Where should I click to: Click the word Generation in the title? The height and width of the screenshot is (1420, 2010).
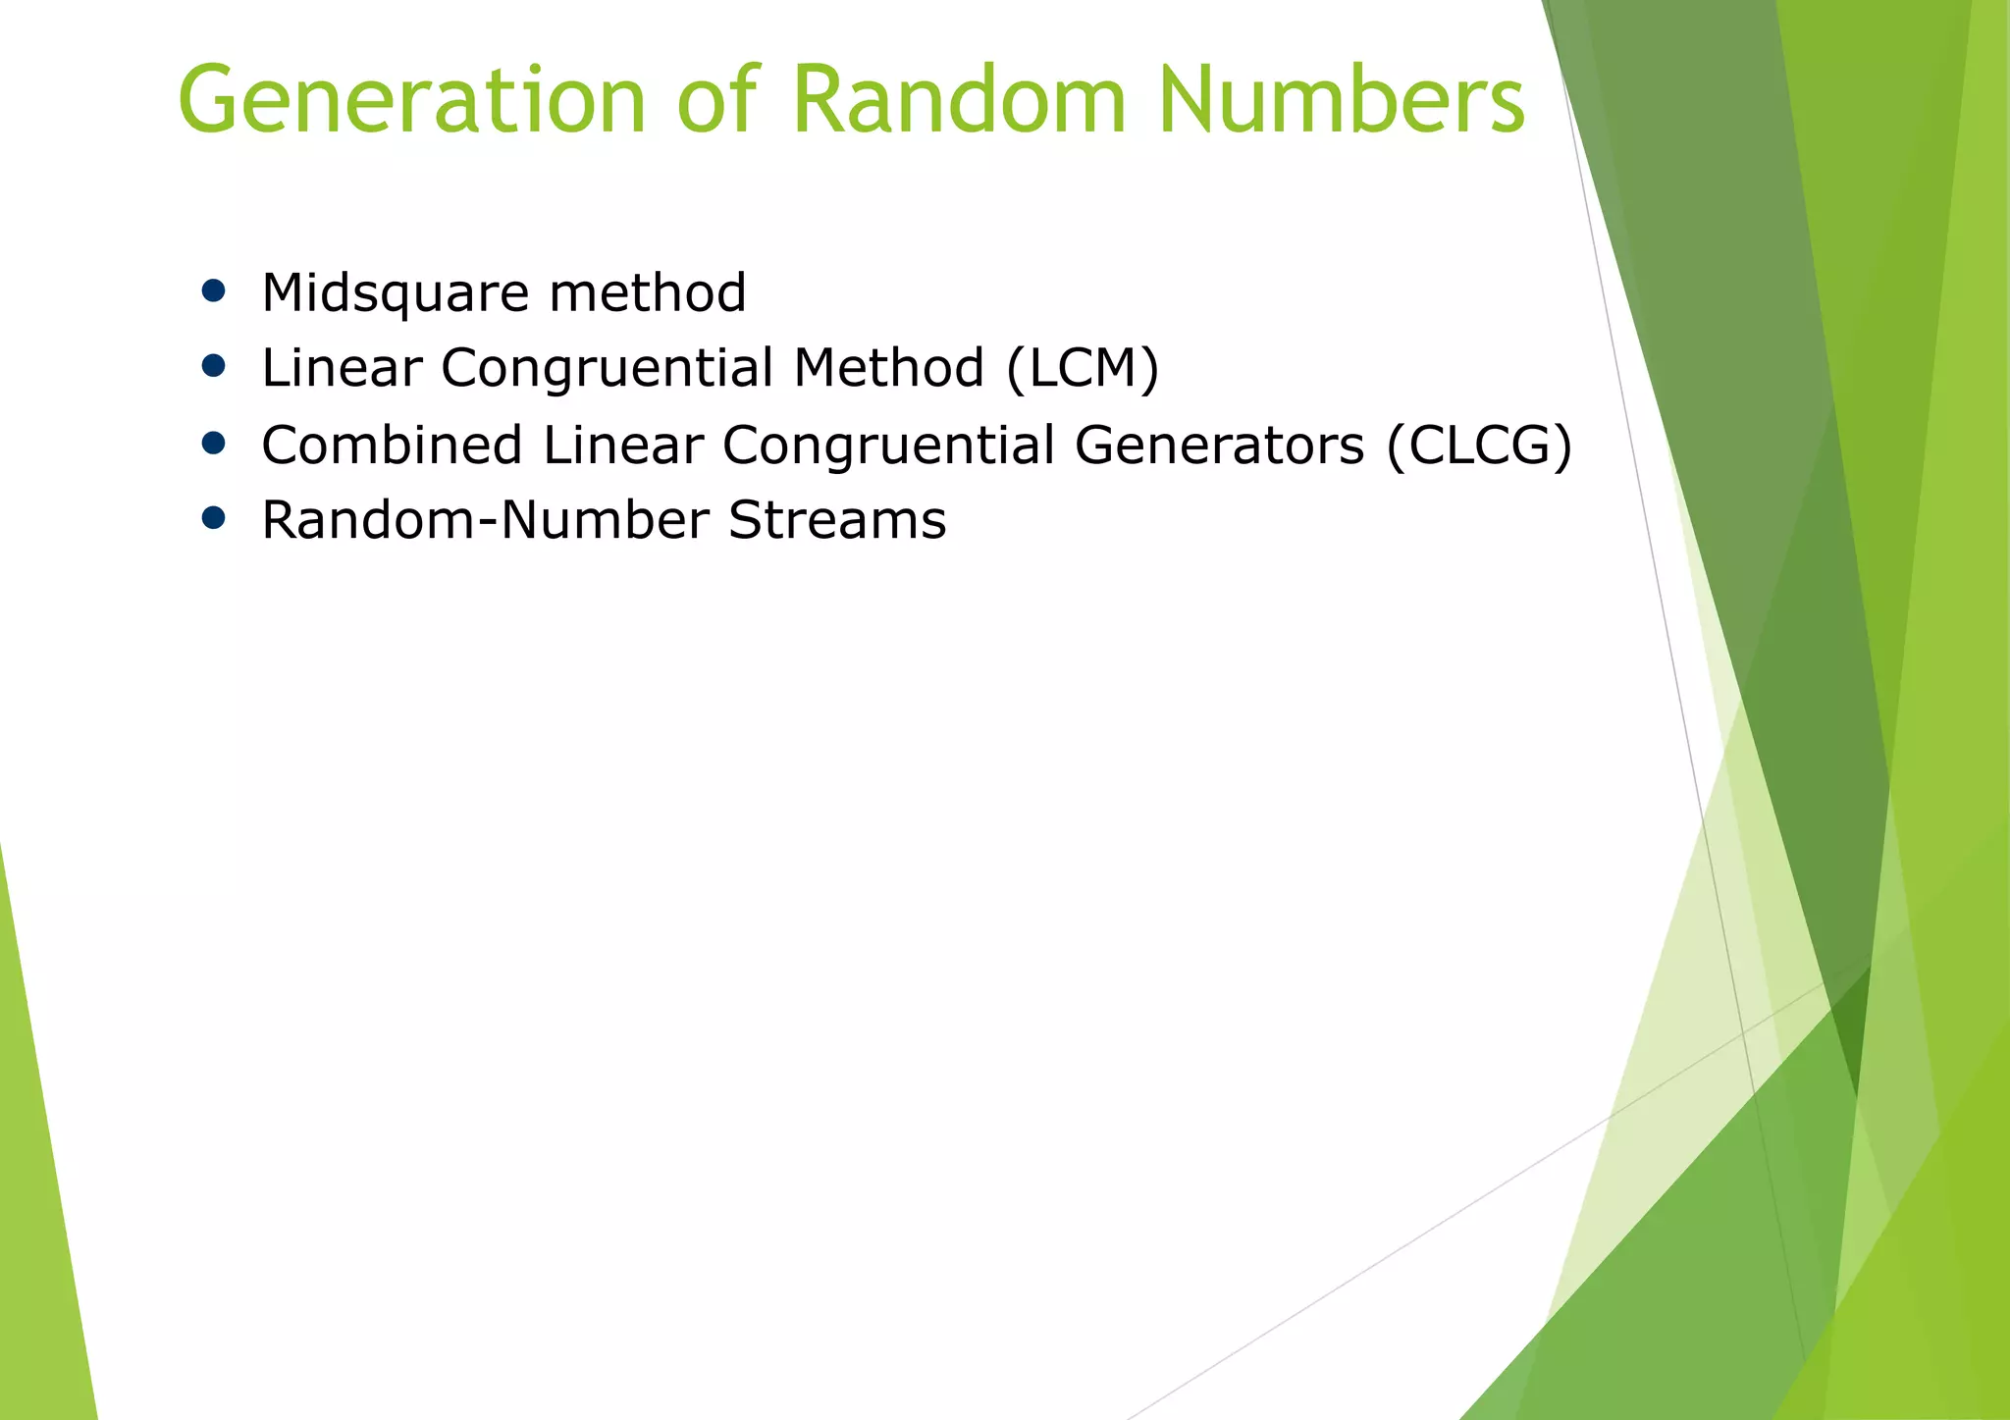coord(411,100)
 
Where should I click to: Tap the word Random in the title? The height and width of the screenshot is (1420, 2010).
coord(959,100)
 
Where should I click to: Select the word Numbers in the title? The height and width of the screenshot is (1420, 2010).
coord(1341,100)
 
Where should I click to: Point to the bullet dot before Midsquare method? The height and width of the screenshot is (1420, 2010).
coord(213,290)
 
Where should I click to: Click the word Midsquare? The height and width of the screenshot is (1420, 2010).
coord(395,292)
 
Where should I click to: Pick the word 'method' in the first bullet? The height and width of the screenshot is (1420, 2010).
coord(648,292)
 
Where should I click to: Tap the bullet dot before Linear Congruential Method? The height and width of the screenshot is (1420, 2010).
coord(213,366)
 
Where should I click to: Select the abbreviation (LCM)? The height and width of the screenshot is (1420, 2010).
coord(1083,368)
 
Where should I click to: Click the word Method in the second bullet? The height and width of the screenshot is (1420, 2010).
coord(888,368)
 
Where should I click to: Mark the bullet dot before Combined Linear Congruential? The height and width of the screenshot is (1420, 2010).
coord(213,443)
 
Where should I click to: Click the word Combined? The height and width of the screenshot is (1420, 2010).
coord(392,445)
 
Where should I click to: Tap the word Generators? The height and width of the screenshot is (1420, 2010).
coord(1219,445)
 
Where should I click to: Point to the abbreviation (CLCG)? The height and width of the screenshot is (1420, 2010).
coord(1479,445)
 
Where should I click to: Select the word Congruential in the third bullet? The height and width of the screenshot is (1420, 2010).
coord(888,445)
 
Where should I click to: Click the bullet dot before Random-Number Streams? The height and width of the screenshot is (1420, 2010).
coord(213,518)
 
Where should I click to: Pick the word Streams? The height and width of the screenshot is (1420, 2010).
coord(837,520)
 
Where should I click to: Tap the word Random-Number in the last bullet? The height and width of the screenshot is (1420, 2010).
coord(485,520)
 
